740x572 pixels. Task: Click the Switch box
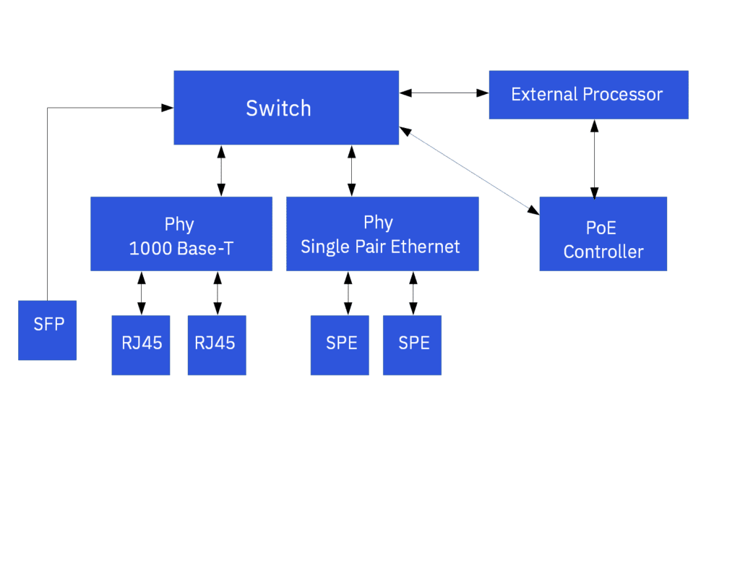coord(285,108)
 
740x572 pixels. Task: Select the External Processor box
coord(588,95)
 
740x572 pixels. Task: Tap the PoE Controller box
coord(603,234)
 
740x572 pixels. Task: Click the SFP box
coord(48,330)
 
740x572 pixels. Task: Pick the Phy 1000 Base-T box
coord(181,234)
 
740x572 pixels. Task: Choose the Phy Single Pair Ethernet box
coord(382,234)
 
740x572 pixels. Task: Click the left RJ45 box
coord(141,345)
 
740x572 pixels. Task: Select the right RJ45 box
coord(216,345)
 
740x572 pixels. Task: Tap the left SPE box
coord(340,345)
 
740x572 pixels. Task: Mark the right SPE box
coord(412,345)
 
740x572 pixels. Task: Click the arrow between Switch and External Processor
coord(444,93)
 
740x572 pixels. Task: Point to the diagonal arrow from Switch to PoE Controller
coord(470,171)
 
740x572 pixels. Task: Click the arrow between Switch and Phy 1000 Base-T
coord(221,171)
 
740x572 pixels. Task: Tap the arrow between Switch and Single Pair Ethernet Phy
coord(351,171)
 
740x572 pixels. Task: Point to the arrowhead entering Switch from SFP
coord(168,108)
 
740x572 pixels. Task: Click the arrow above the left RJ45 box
coord(141,293)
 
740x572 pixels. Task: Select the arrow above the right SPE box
coord(413,293)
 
